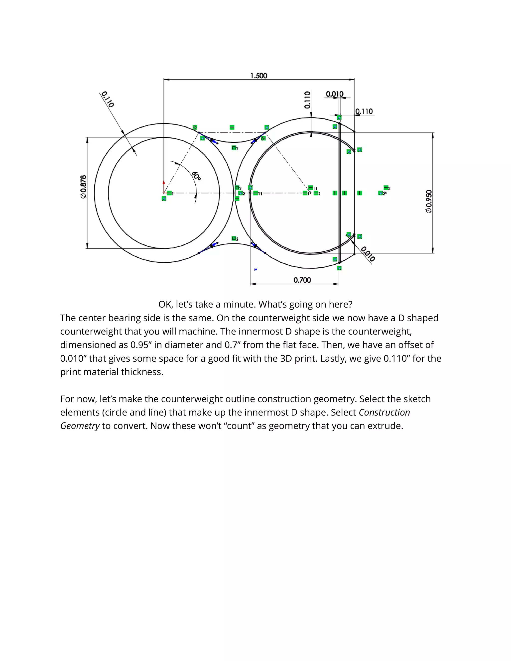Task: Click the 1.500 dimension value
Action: pos(258,76)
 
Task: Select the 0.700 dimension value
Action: pos(302,280)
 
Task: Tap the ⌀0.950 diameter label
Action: pos(429,202)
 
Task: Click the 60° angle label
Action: pos(196,176)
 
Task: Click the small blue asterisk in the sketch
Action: pos(256,269)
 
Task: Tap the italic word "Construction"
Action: pos(384,413)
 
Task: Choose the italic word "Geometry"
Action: pos(80,426)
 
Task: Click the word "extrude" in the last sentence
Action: pos(384,426)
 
